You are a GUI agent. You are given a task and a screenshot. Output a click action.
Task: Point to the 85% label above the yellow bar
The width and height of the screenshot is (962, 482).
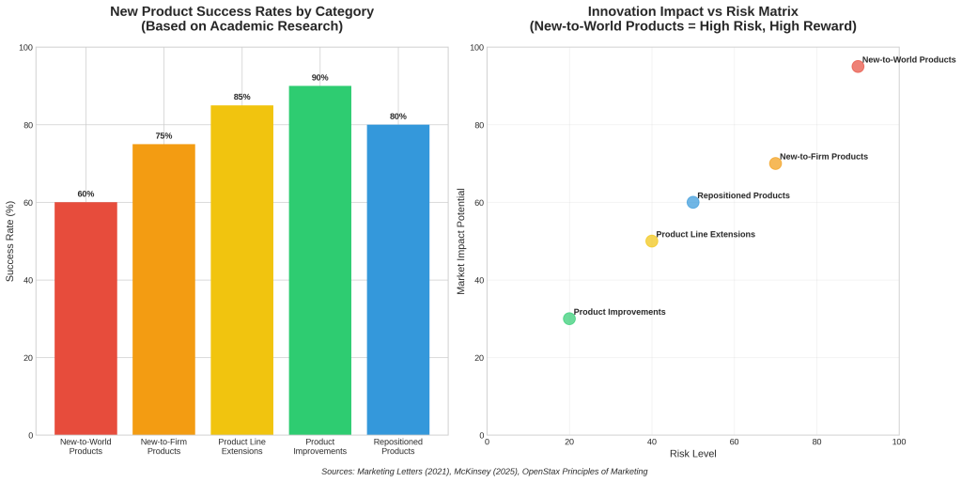(241, 97)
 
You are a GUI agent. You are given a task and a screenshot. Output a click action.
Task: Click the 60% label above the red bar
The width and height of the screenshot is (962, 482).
(85, 194)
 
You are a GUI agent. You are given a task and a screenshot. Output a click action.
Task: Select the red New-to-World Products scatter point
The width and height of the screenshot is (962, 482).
(858, 67)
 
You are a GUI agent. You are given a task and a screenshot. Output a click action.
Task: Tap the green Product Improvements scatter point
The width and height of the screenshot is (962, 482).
(569, 319)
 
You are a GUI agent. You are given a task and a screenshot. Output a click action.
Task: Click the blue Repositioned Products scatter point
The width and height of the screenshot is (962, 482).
(693, 202)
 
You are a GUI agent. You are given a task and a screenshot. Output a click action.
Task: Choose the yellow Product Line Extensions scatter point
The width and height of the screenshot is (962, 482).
(652, 241)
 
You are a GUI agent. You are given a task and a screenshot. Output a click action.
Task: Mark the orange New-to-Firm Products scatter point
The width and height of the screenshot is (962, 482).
(775, 163)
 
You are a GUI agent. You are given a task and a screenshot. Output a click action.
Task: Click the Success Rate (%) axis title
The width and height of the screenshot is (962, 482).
(10, 241)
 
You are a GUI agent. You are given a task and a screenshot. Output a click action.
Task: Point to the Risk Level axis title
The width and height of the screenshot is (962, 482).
(692, 454)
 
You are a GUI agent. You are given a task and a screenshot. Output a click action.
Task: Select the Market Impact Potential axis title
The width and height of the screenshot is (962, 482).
(461, 241)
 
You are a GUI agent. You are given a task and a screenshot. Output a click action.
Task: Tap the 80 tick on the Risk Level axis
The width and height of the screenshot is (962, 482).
(816, 441)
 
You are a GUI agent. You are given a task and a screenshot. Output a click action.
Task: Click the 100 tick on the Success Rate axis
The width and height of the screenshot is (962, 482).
(25, 48)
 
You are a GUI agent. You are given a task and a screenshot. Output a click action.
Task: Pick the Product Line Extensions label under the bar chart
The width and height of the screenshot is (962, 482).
(241, 446)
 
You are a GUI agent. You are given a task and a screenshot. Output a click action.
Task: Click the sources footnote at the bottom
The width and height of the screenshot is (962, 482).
(484, 472)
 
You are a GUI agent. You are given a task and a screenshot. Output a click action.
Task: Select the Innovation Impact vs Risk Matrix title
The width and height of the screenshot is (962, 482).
(692, 19)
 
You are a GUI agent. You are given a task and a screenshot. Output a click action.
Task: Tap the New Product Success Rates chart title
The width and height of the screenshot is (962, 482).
(241, 19)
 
